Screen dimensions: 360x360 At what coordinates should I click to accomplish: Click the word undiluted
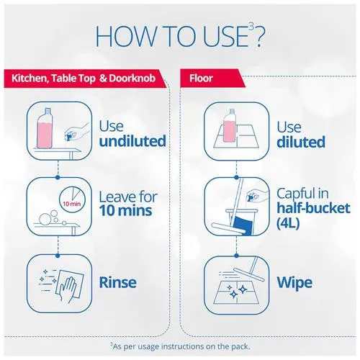pyautogui.click(x=132, y=141)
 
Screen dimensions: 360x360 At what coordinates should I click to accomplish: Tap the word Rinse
pyautogui.click(x=118, y=282)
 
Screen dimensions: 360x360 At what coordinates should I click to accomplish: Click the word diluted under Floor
pyautogui.click(x=301, y=142)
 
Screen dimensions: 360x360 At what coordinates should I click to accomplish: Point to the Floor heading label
pyautogui.click(x=201, y=78)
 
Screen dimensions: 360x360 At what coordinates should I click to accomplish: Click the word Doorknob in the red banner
pyautogui.click(x=132, y=78)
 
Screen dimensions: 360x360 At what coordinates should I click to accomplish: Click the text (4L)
pyautogui.click(x=288, y=223)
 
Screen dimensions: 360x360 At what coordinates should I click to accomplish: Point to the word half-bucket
pyautogui.click(x=313, y=208)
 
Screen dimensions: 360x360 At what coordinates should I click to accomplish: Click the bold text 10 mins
pyautogui.click(x=125, y=210)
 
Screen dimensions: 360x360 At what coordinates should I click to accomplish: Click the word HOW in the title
pyautogui.click(x=125, y=36)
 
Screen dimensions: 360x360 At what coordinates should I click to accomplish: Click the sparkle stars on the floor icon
pyautogui.click(x=237, y=291)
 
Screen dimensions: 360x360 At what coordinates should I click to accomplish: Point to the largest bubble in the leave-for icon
pyautogui.click(x=45, y=219)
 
